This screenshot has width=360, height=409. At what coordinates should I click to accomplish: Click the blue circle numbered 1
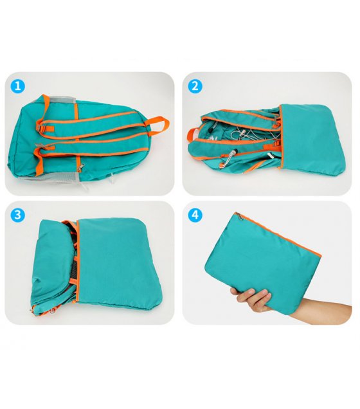click(x=18, y=86)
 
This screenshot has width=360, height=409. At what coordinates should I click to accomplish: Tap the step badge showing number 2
click(x=195, y=86)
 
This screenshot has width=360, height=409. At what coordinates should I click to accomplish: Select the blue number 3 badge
click(x=18, y=215)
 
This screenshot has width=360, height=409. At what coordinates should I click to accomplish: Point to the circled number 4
click(x=195, y=215)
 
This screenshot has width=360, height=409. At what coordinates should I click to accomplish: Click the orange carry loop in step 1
click(x=159, y=125)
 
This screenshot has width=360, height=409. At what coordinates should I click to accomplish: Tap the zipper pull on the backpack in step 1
click(x=81, y=167)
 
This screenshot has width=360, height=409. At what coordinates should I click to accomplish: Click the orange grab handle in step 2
click(x=192, y=136)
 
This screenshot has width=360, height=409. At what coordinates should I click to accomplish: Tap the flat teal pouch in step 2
click(x=312, y=138)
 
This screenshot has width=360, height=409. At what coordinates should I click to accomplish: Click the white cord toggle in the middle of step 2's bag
click(x=243, y=132)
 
